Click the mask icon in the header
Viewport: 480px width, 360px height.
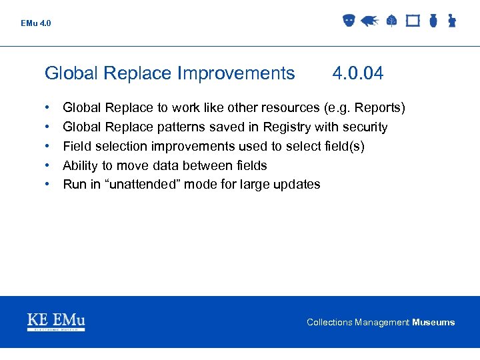(348, 21)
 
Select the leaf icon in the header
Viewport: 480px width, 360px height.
(391, 21)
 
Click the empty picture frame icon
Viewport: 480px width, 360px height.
(413, 21)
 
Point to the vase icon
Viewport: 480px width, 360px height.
(433, 21)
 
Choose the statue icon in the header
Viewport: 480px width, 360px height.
(451, 21)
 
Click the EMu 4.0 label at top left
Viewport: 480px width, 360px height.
(35, 23)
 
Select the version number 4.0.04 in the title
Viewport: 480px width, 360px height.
(358, 73)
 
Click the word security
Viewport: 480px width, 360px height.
(363, 127)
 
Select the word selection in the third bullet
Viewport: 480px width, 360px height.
(123, 146)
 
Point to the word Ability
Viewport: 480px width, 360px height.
(80, 165)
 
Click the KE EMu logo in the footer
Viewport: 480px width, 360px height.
(56, 321)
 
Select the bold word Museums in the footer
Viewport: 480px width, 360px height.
(433, 323)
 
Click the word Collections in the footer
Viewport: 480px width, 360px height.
(329, 323)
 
